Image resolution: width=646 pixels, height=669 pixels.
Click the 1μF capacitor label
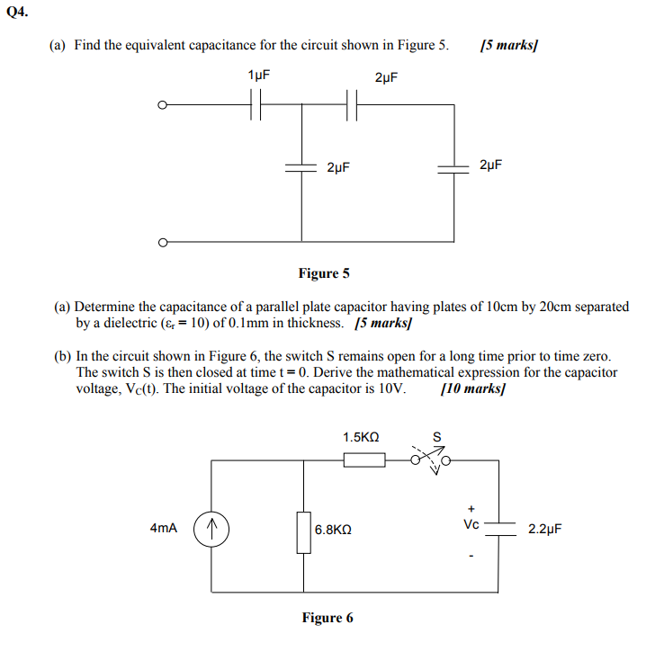point(259,76)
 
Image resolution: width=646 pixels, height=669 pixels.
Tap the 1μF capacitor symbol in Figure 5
point(256,104)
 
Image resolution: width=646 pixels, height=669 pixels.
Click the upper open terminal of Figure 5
point(162,105)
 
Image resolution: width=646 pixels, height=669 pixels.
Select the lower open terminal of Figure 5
point(162,243)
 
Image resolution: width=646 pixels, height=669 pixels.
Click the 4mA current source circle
point(211,529)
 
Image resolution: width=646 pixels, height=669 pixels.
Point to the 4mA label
point(163,528)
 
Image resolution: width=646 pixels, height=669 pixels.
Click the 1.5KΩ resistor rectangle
point(364,460)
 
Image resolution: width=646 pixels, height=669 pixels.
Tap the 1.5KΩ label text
point(361,437)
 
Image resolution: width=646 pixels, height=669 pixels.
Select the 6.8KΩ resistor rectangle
point(303,532)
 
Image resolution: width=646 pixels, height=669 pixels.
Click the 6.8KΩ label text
point(333,530)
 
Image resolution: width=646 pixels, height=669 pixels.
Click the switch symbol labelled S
point(430,460)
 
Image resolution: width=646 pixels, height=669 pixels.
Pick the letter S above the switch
point(436,437)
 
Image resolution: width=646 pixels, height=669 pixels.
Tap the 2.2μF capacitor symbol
point(499,529)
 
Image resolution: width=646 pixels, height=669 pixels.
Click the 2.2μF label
point(545,529)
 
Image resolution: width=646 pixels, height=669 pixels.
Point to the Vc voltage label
point(471,524)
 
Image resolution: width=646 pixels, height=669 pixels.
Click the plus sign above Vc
point(471,509)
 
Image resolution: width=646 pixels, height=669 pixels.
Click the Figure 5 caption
point(324,273)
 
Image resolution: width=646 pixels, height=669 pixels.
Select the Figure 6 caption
point(327,618)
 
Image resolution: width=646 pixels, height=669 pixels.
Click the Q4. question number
point(17,12)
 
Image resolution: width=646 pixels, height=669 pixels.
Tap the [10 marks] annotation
point(473,388)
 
